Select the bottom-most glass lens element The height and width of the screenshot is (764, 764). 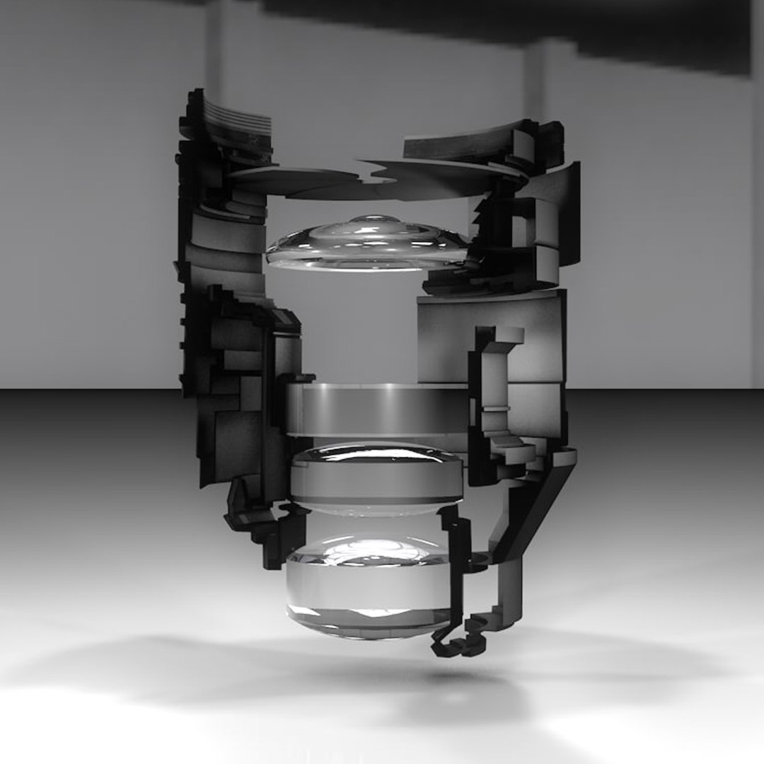368,591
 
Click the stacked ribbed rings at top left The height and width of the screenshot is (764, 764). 237,120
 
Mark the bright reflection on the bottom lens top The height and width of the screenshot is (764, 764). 368,548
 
